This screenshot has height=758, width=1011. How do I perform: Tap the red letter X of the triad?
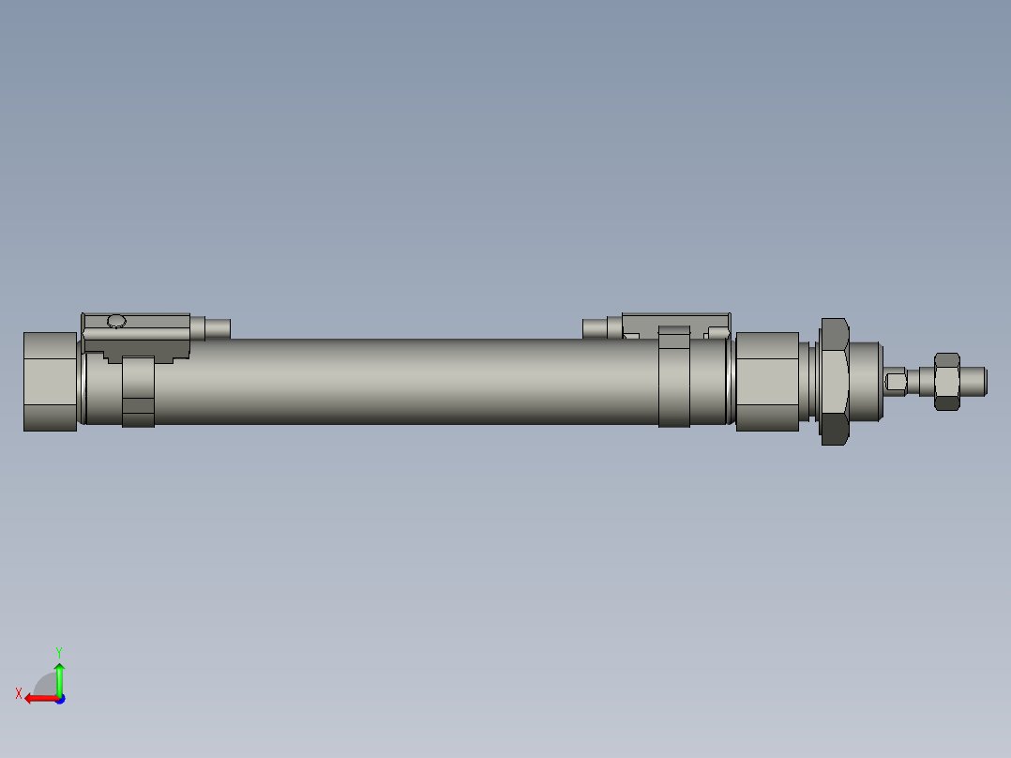18,693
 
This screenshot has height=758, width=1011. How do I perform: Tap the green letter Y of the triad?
58,651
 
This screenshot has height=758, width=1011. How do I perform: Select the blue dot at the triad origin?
59,698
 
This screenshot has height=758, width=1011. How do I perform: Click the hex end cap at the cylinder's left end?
50,381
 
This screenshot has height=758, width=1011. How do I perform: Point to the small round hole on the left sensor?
116,322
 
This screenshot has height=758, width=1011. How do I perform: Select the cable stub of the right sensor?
595,328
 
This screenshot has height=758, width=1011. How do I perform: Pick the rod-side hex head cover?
766,381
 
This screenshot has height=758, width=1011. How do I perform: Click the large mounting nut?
835,381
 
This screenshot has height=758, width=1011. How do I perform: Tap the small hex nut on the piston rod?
947,381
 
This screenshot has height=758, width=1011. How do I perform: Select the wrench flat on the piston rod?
896,382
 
